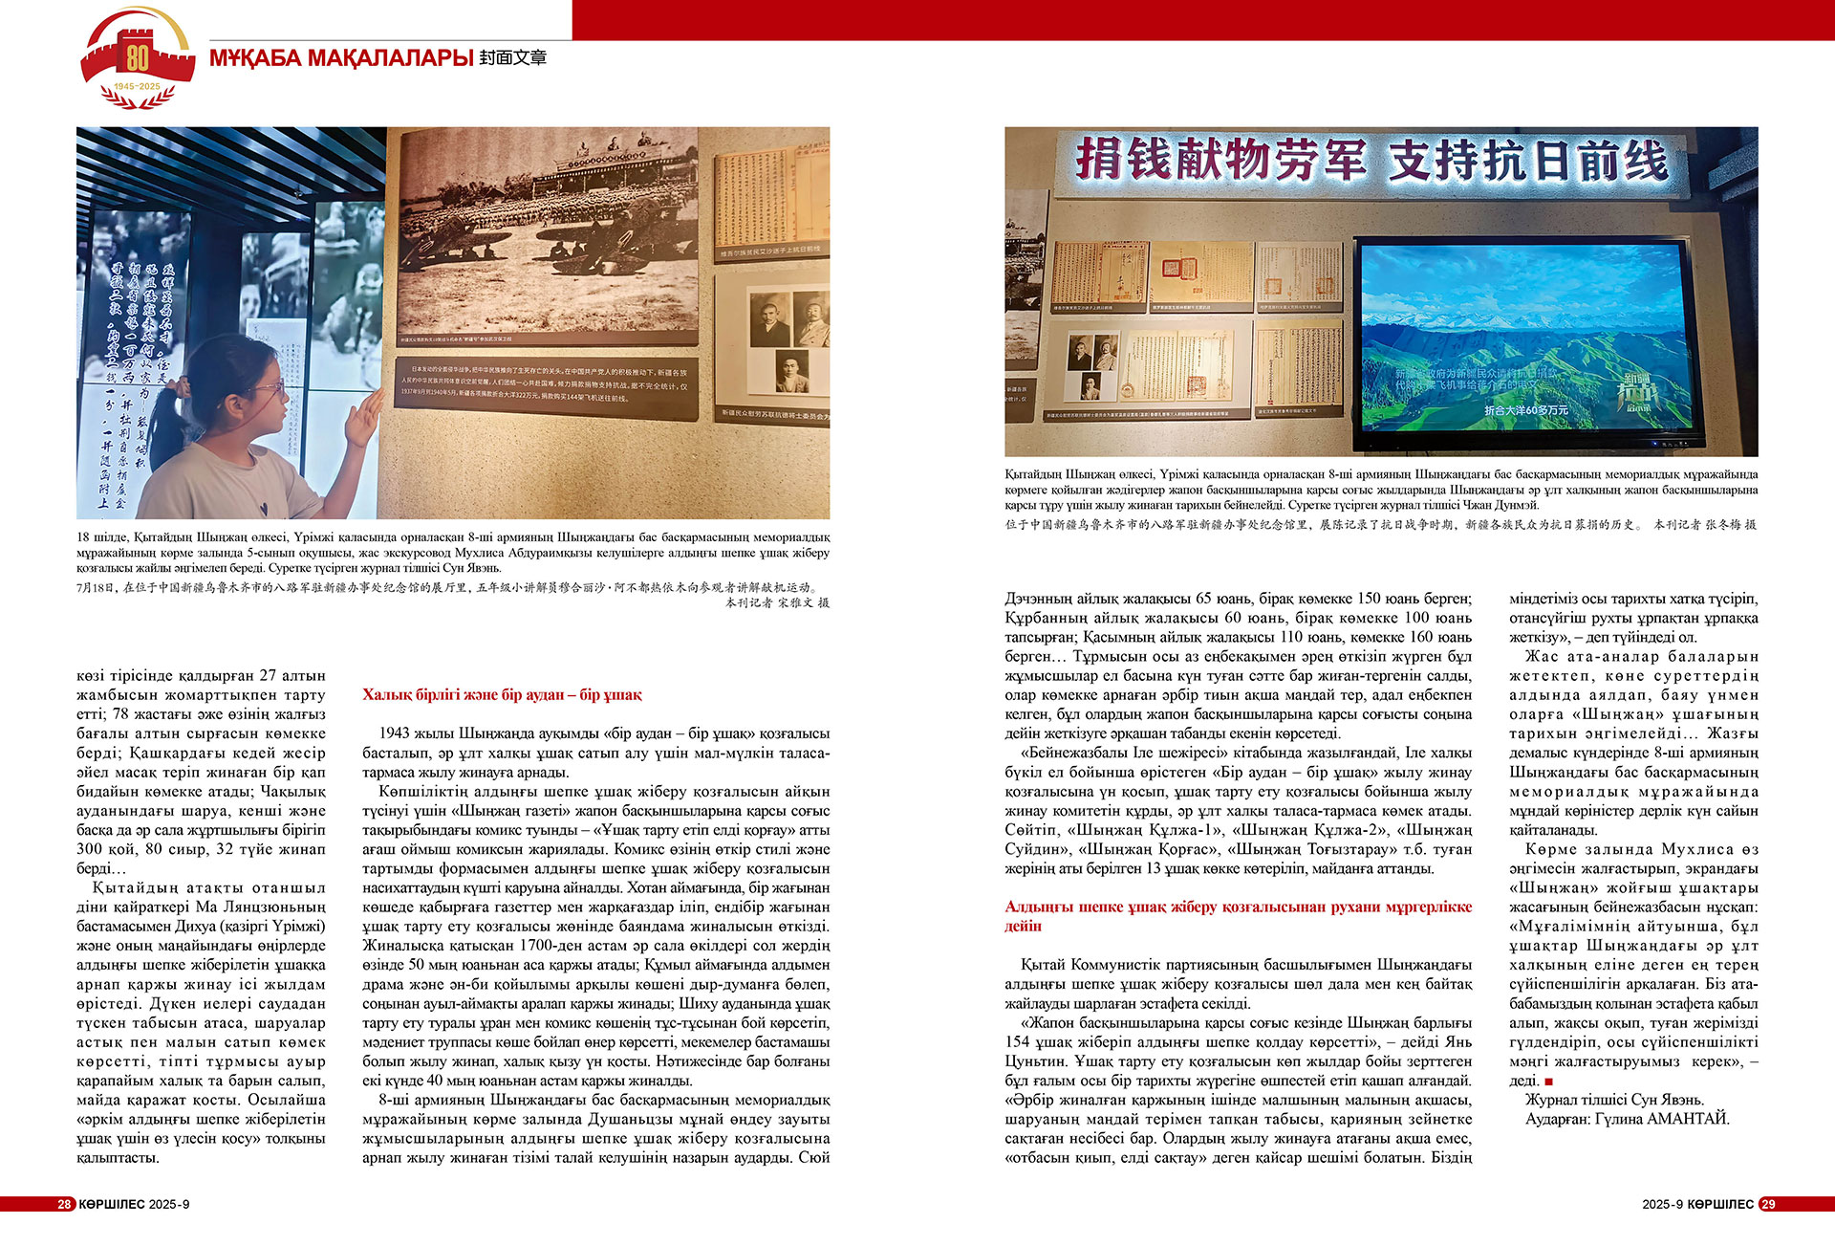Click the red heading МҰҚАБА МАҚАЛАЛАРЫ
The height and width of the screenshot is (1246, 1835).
click(341, 58)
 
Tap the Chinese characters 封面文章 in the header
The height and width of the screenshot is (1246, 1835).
click(513, 58)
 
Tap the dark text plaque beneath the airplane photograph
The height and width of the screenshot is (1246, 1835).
click(547, 387)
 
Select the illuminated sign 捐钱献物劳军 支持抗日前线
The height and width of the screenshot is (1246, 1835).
click(1371, 160)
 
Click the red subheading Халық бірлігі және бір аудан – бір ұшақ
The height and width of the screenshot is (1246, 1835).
click(502, 695)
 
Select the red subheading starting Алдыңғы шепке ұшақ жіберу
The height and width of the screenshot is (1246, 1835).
click(1238, 916)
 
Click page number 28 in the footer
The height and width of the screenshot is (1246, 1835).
click(64, 1204)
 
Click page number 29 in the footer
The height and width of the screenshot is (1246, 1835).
click(1768, 1204)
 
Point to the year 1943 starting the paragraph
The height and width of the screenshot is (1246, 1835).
click(395, 733)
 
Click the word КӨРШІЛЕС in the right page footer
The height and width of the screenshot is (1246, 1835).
click(1720, 1204)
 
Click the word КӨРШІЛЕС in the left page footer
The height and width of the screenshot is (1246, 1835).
click(112, 1204)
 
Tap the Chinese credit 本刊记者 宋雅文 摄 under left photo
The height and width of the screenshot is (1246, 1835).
click(776, 602)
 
